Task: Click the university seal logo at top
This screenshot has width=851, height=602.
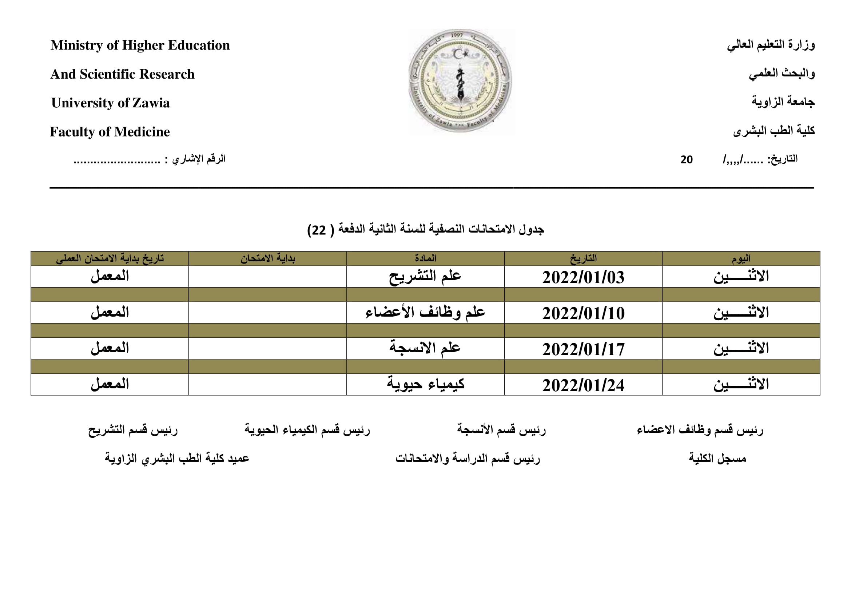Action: point(461,82)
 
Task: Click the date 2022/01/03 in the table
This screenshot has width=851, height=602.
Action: point(583,277)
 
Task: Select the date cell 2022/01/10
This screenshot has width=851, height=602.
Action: point(583,313)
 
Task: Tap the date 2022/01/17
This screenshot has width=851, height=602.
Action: point(583,349)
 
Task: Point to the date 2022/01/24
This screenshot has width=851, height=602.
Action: point(583,385)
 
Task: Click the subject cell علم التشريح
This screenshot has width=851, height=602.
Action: point(425,277)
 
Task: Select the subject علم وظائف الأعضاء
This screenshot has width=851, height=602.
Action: point(425,313)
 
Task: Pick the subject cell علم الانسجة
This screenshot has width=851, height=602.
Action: point(425,348)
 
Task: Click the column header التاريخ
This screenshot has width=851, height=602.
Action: point(583,258)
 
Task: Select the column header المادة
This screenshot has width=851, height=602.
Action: point(425,258)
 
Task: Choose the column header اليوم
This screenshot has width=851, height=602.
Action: point(741,258)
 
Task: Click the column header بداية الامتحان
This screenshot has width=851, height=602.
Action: point(268,258)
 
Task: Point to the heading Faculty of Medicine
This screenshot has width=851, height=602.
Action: point(110,132)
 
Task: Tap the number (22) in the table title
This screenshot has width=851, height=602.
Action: point(318,230)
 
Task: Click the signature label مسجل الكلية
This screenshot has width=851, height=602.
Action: point(717,459)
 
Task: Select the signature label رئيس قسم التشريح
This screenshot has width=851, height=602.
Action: point(133,430)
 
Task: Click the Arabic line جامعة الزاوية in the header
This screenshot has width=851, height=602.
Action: point(783,102)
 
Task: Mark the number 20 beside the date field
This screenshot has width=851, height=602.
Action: point(687,160)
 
